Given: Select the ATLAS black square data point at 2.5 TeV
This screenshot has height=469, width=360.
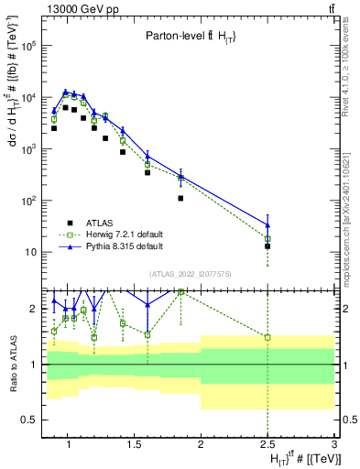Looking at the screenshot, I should tap(267, 246).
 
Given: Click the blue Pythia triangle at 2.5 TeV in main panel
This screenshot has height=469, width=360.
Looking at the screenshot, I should tap(267, 224).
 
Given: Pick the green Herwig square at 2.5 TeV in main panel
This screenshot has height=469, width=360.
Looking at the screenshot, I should tap(267, 239).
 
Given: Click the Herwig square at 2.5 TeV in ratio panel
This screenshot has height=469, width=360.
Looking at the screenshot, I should tap(267, 337).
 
